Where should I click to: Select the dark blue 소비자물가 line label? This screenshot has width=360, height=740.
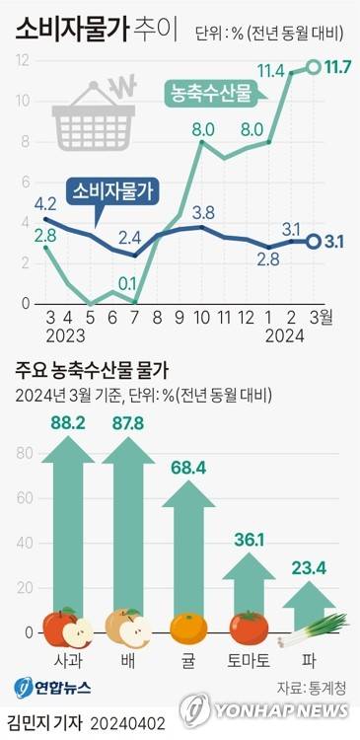point(115,190)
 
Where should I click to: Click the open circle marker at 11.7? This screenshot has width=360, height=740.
point(314,67)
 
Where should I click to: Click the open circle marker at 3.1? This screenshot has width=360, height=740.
point(314,241)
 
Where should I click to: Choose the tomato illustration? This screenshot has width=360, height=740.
point(249,628)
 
